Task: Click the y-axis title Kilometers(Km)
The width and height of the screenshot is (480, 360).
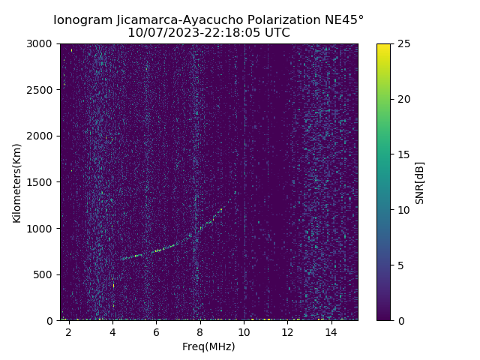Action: point(16,182)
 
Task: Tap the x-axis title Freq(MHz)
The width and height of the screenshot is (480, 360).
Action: point(208,346)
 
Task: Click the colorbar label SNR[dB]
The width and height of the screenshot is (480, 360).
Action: point(420,182)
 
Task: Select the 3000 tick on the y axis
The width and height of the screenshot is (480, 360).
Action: point(41,43)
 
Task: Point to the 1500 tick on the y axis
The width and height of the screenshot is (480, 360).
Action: point(41,182)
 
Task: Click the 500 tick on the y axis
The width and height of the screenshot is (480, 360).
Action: point(44,274)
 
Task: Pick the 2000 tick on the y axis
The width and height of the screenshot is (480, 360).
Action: point(41,136)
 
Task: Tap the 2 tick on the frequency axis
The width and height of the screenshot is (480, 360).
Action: point(69,331)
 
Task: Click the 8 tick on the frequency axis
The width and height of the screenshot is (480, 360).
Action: point(200,331)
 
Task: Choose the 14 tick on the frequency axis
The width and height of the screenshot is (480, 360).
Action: point(331,331)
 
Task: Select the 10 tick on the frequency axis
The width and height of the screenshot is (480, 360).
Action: point(244,331)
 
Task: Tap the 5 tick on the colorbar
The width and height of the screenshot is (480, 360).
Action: point(400,265)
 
